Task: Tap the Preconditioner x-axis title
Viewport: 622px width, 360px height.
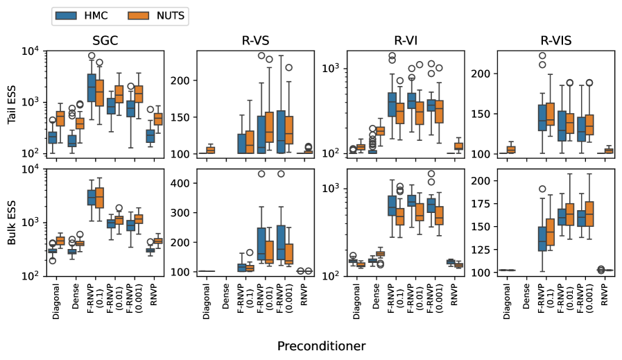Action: [x=321, y=345]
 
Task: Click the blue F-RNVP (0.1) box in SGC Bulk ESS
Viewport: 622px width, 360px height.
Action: [x=91, y=197]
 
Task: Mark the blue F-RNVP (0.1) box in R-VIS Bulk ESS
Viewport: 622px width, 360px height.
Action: [x=543, y=235]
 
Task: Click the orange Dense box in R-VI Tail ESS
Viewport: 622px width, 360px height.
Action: [x=379, y=130]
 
